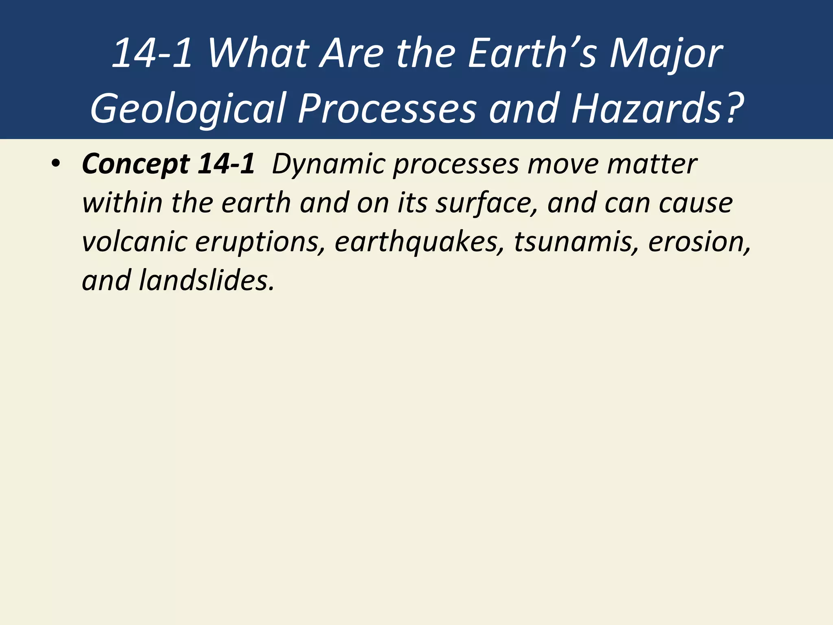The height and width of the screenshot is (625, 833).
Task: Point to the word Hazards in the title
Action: coord(647,108)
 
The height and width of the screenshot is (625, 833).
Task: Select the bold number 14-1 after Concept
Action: coord(226,164)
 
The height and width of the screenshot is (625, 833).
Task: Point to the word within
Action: coord(122,203)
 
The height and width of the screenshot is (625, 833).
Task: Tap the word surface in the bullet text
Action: coord(486,203)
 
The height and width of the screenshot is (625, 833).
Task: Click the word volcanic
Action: coord(134,242)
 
